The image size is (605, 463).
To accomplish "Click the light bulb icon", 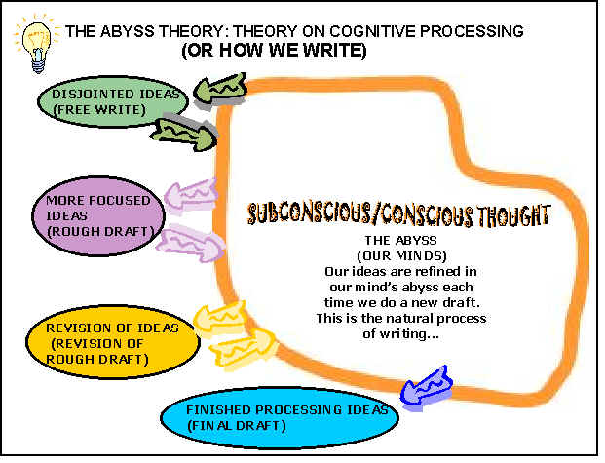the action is pyautogui.click(x=37, y=45).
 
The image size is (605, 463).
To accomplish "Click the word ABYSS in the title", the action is pyautogui.click(x=128, y=31).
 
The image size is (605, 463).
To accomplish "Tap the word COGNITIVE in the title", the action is pyautogui.click(x=373, y=31).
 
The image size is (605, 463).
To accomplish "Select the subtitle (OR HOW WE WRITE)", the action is pyautogui.click(x=274, y=51).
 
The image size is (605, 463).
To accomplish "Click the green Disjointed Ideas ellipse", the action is pyautogui.click(x=113, y=102).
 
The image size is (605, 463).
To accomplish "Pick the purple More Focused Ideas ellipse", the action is pyautogui.click(x=98, y=215).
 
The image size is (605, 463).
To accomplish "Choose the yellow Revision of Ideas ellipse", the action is pyautogui.click(x=113, y=342).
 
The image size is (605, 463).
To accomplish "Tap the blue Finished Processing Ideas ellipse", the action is pyautogui.click(x=280, y=417).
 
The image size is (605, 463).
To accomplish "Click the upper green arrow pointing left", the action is pyautogui.click(x=220, y=89).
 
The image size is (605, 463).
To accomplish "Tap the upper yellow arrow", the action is pyautogui.click(x=219, y=318).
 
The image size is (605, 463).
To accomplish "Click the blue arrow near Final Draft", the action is pyautogui.click(x=427, y=386).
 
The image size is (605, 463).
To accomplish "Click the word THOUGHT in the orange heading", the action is pyautogui.click(x=513, y=215).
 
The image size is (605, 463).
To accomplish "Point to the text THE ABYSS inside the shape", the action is pyautogui.click(x=400, y=241).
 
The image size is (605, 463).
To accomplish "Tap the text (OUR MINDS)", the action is pyautogui.click(x=401, y=256).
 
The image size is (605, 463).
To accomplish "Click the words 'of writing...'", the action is pyautogui.click(x=400, y=333).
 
